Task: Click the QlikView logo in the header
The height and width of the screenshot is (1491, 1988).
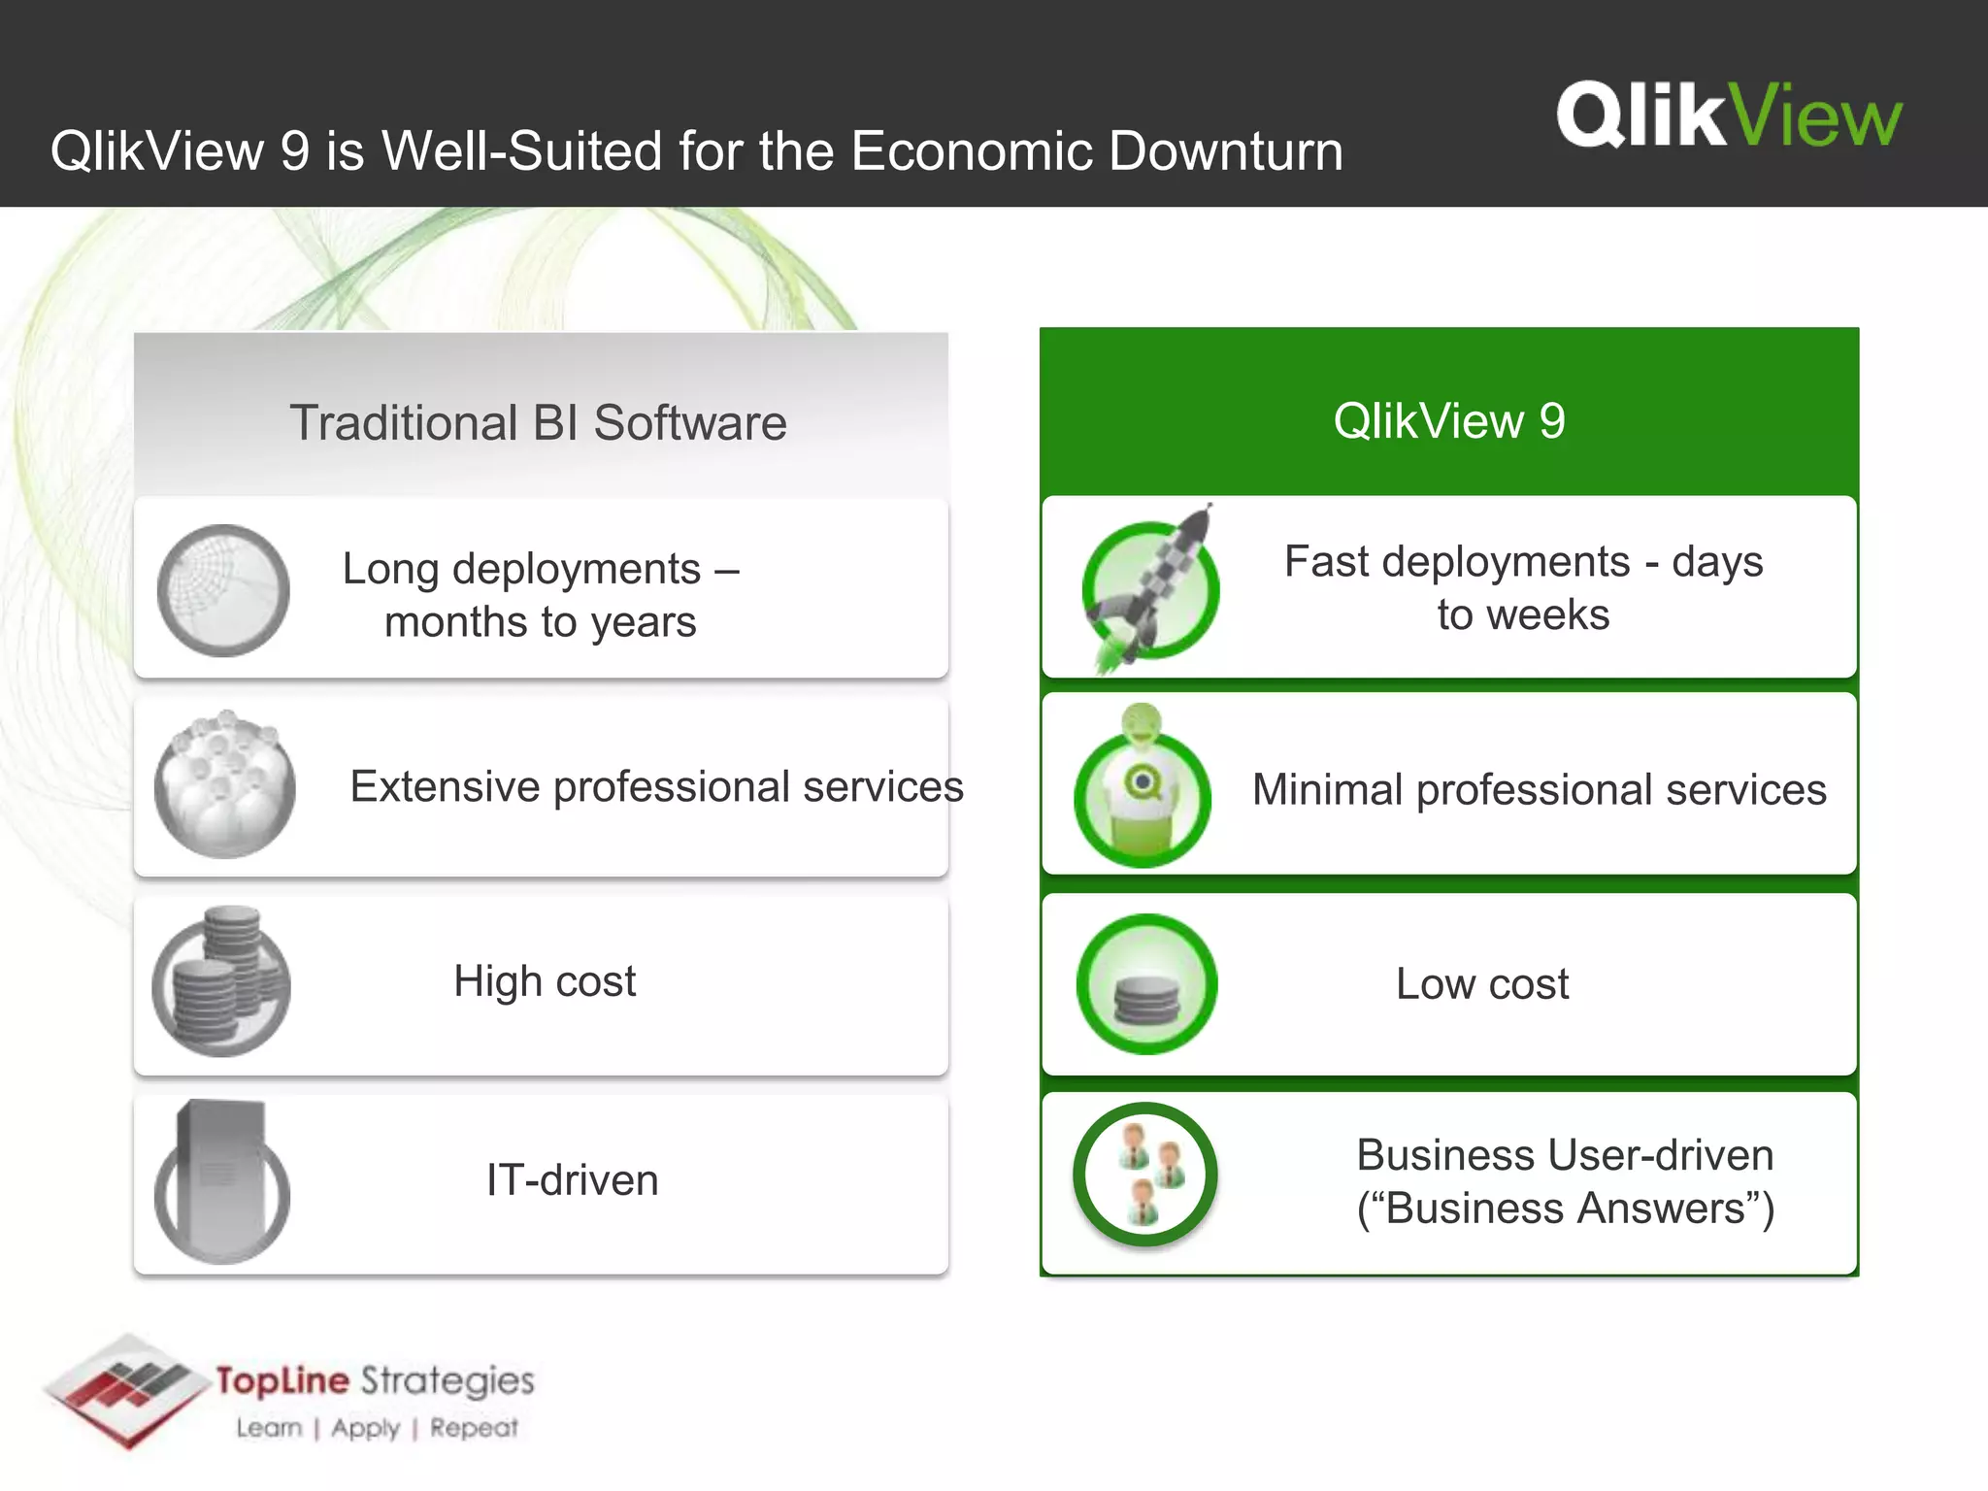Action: click(1729, 116)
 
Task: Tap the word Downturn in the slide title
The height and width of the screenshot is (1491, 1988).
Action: click(1227, 151)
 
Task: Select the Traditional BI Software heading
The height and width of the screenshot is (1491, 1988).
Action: click(538, 423)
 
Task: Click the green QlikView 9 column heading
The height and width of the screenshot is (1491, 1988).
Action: click(1448, 421)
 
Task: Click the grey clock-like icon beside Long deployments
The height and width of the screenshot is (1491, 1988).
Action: click(223, 590)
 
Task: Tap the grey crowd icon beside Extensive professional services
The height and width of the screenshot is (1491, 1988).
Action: click(225, 785)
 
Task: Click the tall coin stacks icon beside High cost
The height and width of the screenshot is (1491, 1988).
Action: click(222, 982)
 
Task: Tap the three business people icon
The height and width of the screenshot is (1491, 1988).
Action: click(1145, 1175)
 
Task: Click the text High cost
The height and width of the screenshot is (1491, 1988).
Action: click(545, 981)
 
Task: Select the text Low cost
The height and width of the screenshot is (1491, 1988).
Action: click(1482, 984)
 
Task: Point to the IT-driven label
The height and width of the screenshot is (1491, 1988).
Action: click(572, 1180)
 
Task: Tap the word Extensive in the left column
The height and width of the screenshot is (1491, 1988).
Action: click(445, 786)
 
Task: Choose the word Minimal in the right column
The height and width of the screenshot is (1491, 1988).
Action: click(1327, 790)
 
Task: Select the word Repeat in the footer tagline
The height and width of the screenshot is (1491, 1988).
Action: click(474, 1428)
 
